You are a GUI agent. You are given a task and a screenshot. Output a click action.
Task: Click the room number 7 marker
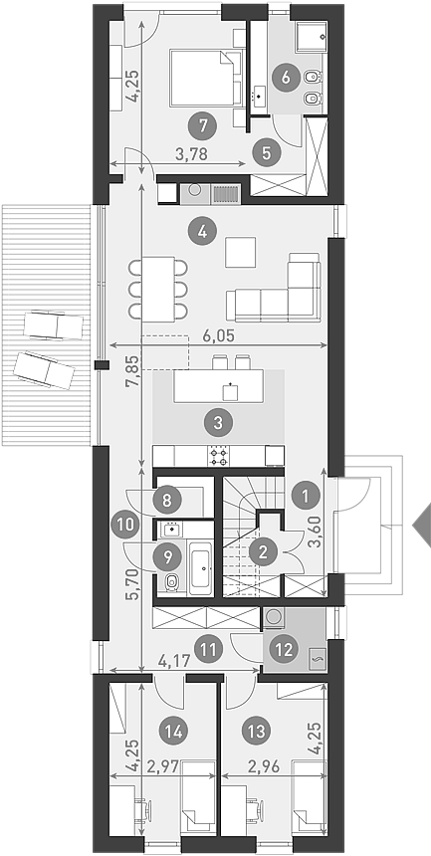click(202, 126)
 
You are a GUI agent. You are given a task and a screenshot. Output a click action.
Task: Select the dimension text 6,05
click(219, 335)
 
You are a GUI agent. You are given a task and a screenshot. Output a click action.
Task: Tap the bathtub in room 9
click(203, 567)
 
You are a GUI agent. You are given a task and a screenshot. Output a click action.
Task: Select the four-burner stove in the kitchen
click(219, 455)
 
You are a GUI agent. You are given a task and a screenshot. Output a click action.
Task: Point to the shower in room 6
click(312, 37)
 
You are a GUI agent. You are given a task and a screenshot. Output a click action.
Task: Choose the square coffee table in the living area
click(240, 252)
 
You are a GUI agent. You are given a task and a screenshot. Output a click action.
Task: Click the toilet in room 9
click(171, 582)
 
